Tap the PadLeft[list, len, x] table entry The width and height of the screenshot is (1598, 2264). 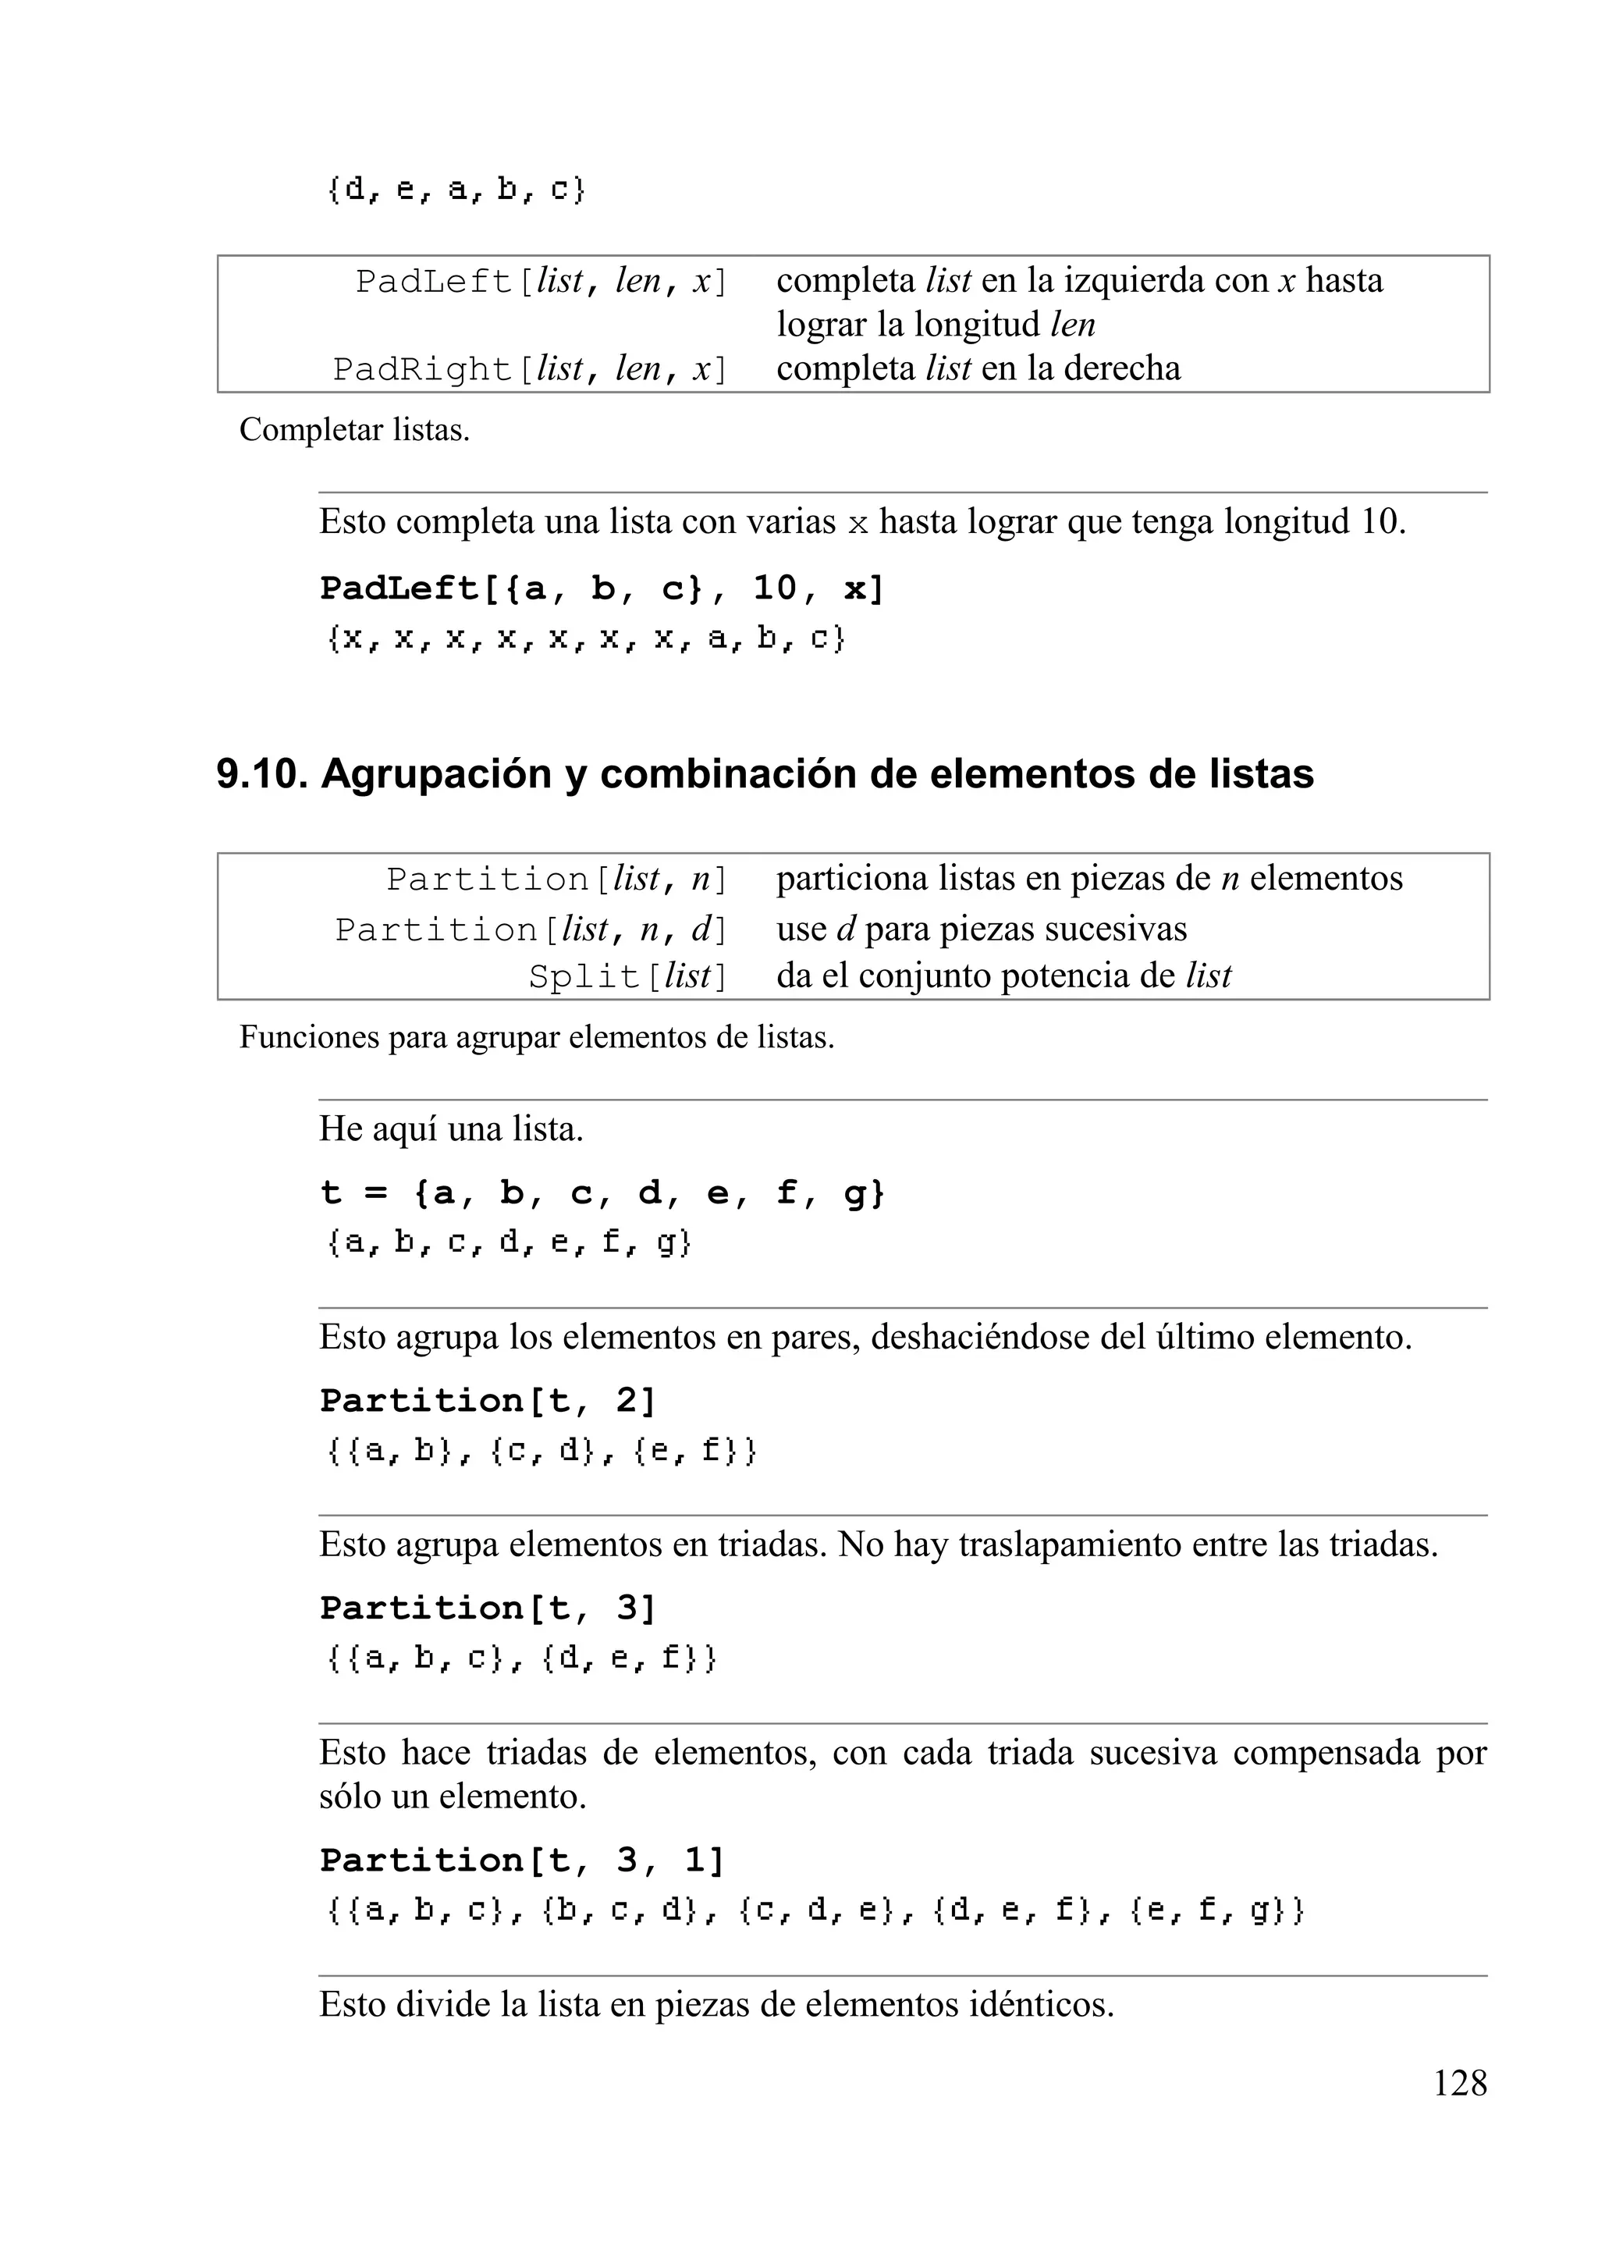(x=542, y=282)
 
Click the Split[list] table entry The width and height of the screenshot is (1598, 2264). (x=628, y=976)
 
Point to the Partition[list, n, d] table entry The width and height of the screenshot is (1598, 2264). (x=531, y=929)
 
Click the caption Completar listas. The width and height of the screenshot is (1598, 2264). (x=354, y=430)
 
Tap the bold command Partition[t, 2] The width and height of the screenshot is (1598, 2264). (x=488, y=1400)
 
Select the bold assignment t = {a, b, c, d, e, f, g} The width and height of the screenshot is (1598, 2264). (x=602, y=1193)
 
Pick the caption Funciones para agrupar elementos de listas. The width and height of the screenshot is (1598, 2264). (x=536, y=1037)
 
